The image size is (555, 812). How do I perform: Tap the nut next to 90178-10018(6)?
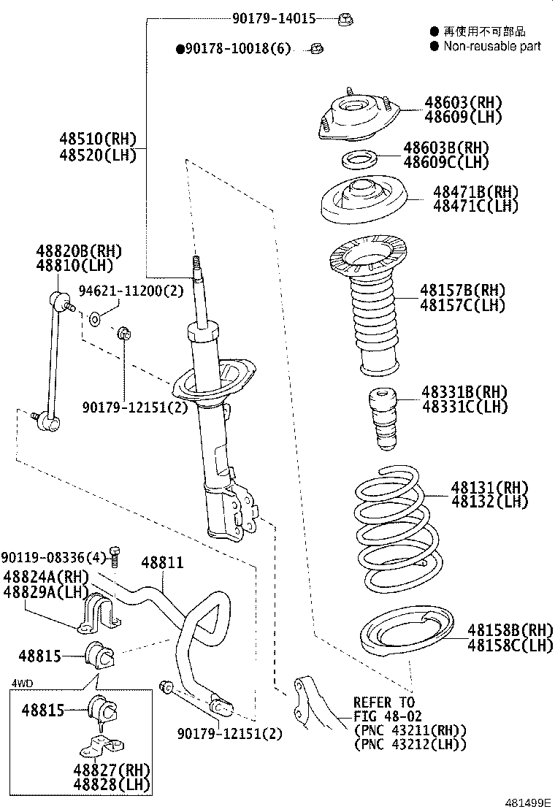(317, 49)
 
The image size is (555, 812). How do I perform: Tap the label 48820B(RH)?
(79, 250)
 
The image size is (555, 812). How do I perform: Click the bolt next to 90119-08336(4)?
(113, 555)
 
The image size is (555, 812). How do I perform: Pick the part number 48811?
(162, 563)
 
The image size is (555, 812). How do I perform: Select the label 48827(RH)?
(111, 769)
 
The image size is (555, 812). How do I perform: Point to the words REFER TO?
(383, 703)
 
